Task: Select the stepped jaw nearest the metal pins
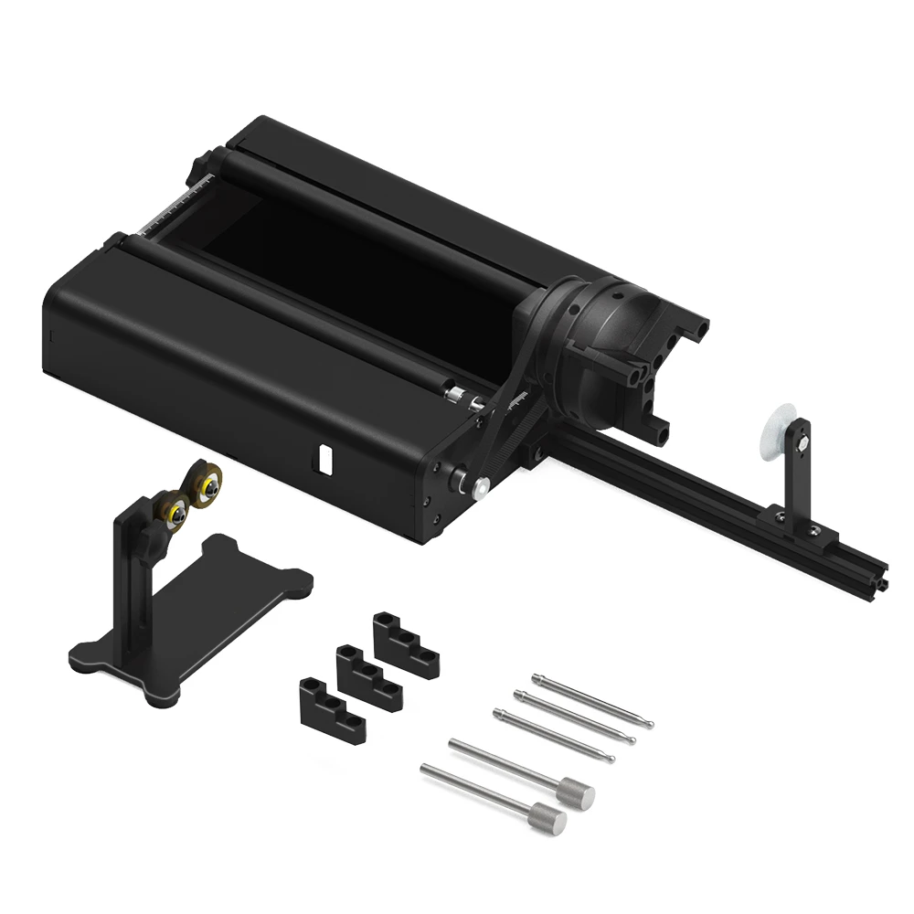[405, 645]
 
